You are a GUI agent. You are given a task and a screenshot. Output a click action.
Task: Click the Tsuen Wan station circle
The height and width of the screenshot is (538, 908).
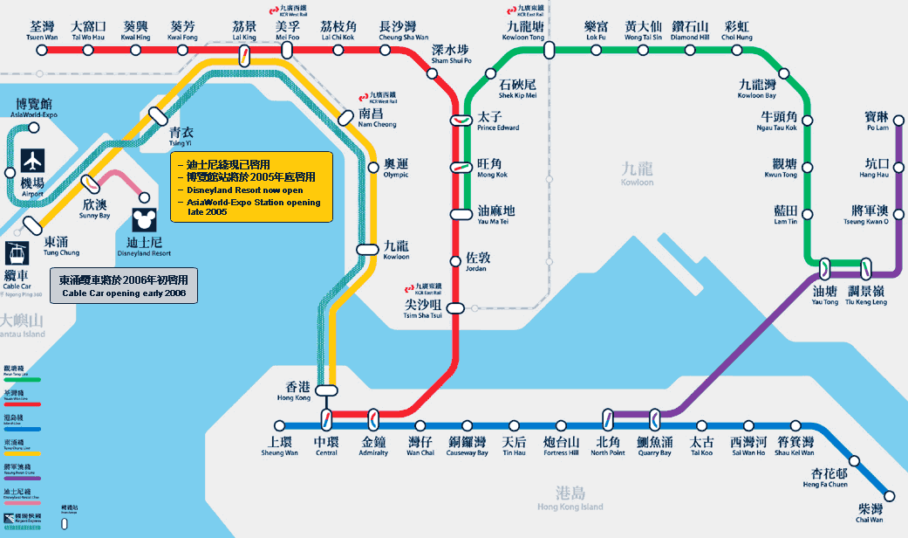pos(41,51)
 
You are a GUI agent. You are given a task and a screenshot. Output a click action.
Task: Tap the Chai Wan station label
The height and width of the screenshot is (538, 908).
pos(870,513)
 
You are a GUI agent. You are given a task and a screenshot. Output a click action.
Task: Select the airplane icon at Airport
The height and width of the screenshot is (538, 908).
pos(33,161)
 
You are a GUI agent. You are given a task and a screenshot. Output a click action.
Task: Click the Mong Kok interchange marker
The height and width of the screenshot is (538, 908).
pos(461,167)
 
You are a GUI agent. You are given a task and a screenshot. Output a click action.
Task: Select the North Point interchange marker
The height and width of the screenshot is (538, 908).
pos(609,418)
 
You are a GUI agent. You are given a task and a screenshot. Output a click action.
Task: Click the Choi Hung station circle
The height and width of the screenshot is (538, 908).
pos(737,51)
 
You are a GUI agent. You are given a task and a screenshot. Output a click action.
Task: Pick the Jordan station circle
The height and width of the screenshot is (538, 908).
pos(454,260)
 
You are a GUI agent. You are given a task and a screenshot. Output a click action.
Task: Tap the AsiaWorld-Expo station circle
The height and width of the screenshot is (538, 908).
pos(34,128)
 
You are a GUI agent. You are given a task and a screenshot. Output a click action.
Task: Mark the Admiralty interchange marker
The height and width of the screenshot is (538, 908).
pos(373,418)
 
